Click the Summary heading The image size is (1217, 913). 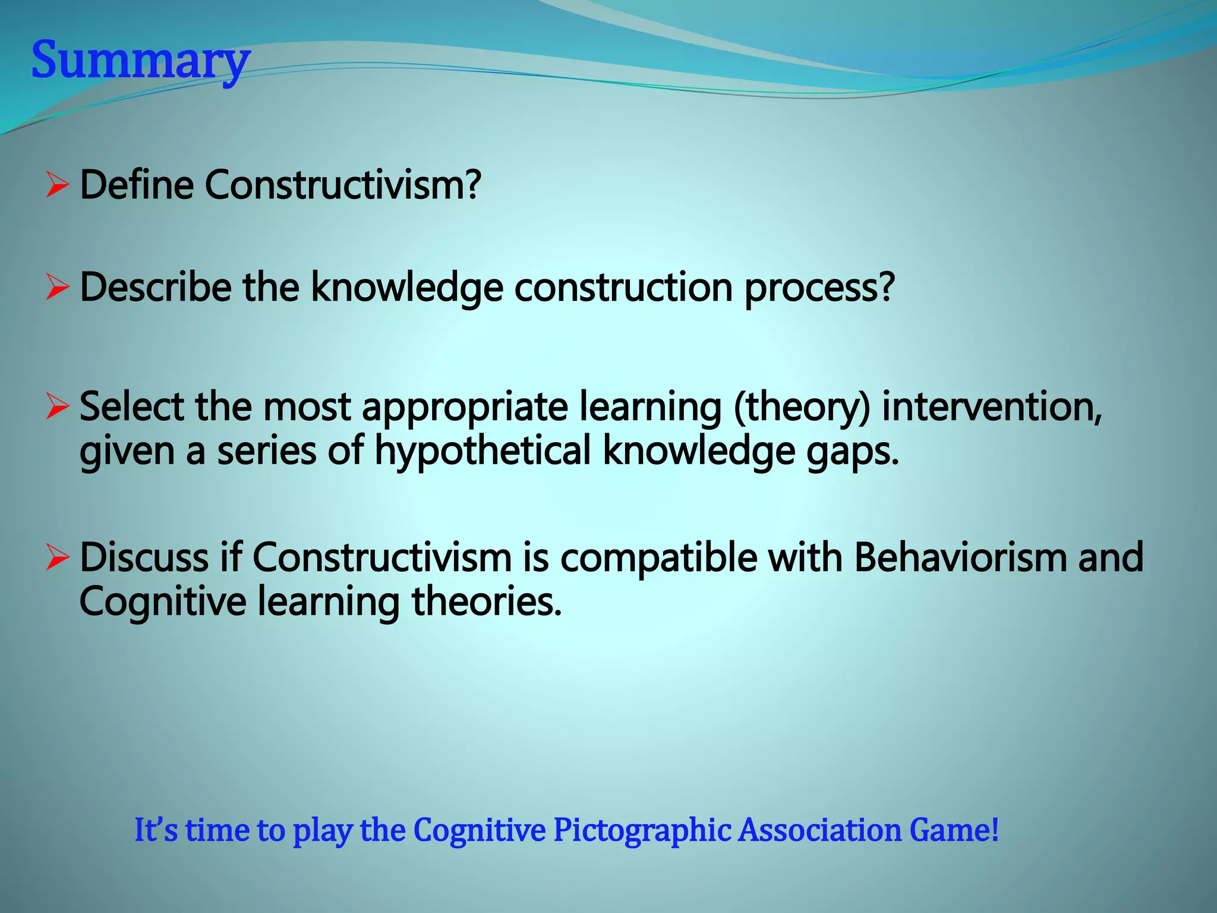(140, 60)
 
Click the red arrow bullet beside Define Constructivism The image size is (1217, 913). (57, 185)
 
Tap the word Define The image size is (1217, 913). (137, 185)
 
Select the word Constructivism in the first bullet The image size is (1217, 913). (342, 185)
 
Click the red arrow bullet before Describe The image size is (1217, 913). (57, 288)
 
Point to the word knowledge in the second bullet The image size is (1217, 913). (407, 288)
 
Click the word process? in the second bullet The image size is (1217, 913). (819, 288)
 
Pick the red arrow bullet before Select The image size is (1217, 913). (57, 408)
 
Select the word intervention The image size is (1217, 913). (991, 408)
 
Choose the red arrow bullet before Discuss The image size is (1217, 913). (57, 558)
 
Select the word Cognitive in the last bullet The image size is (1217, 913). (163, 602)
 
